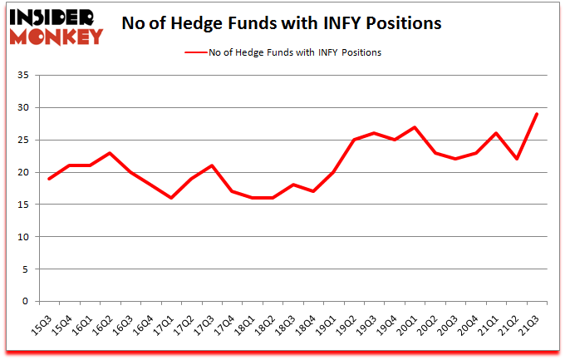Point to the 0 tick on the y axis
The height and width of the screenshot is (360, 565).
[x=26, y=302]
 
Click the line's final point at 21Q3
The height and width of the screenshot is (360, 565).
[x=538, y=114]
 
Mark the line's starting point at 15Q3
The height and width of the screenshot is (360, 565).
[x=49, y=179]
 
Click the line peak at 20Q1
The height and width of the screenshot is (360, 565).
[x=415, y=127]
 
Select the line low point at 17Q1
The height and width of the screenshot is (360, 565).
[x=171, y=198]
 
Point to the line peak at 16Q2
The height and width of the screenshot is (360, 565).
[x=111, y=153]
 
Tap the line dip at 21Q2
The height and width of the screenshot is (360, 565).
[x=517, y=160]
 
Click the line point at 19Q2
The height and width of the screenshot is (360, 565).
[x=355, y=140]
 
